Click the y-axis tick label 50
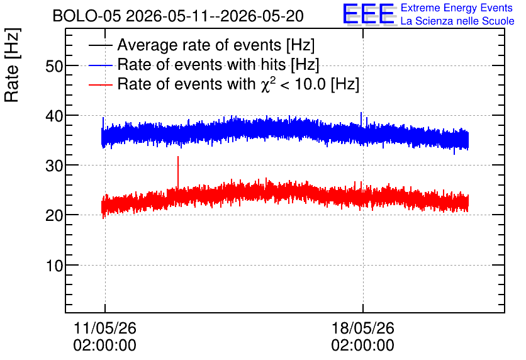point(54,66)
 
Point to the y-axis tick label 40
point(54,116)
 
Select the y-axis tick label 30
point(54,166)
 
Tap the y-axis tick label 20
point(54,215)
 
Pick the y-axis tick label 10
point(55,266)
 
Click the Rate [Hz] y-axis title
point(12,65)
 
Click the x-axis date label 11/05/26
point(104,328)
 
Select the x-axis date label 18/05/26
point(362,328)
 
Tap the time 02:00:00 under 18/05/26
point(362,346)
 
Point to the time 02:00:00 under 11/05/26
point(104,346)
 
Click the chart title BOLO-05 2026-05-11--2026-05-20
point(178,16)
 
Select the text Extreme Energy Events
point(457,8)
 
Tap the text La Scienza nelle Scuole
point(457,21)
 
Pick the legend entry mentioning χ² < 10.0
point(238,84)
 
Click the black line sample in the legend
point(100,45)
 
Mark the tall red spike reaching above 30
point(178,174)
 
